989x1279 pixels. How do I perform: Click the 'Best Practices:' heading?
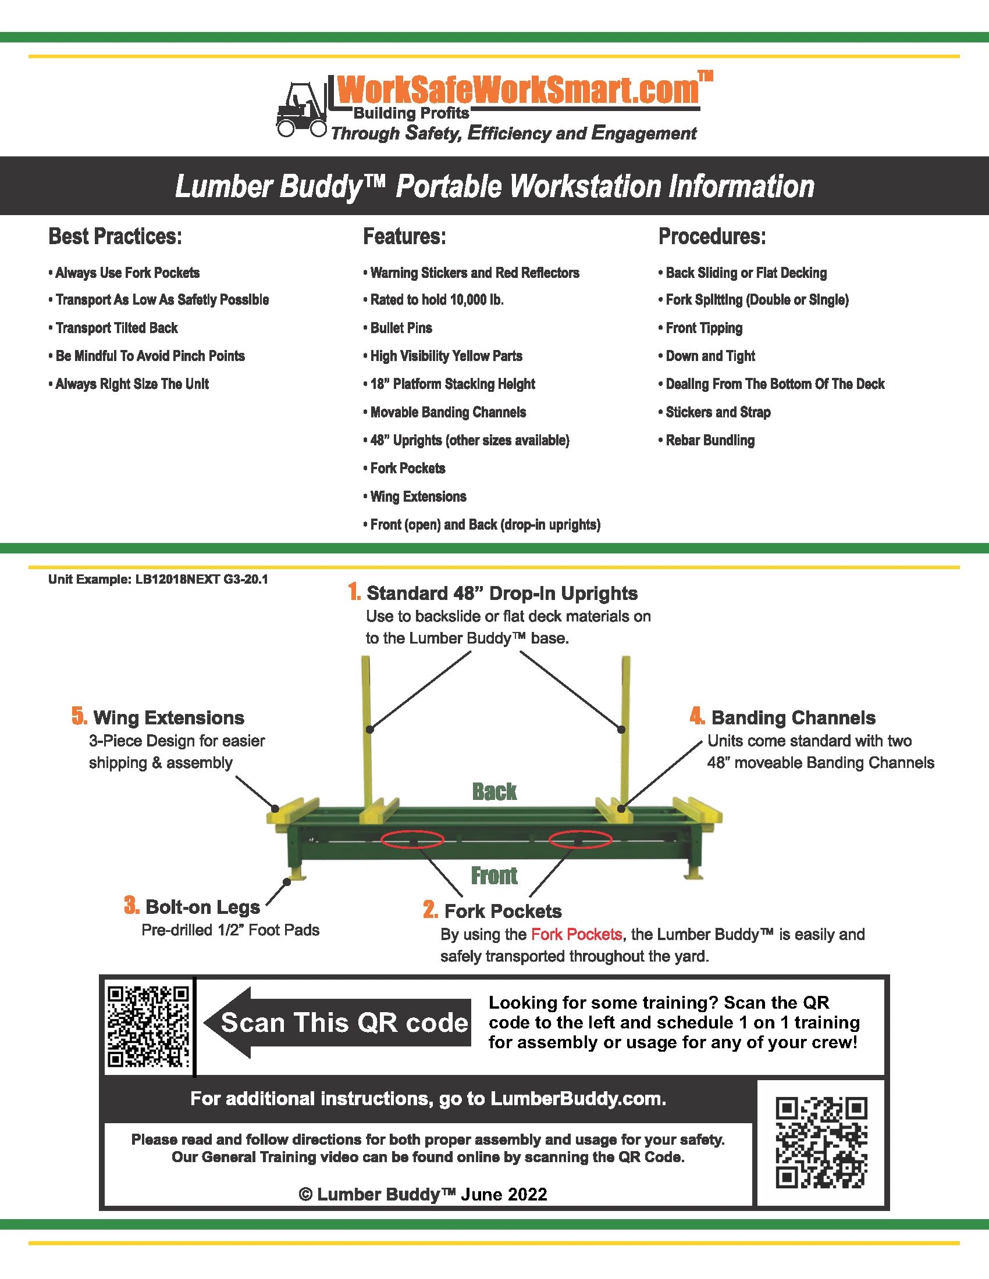(x=115, y=237)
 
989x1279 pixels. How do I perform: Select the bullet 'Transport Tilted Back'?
(x=113, y=328)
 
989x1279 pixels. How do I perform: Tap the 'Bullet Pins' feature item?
(x=397, y=328)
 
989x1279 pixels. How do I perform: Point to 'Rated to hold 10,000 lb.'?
(x=433, y=300)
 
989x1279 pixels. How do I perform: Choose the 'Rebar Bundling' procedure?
(x=707, y=441)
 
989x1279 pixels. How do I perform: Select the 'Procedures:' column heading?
(x=712, y=237)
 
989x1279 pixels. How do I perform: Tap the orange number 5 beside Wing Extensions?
(x=80, y=716)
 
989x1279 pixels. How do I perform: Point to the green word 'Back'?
(x=494, y=792)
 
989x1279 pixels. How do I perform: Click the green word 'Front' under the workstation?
(x=494, y=876)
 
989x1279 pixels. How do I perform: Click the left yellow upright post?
(x=367, y=732)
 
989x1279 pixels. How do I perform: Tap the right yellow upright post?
(x=625, y=732)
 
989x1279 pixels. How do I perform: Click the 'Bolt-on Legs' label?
(x=202, y=906)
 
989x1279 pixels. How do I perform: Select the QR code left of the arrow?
(x=148, y=1027)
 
